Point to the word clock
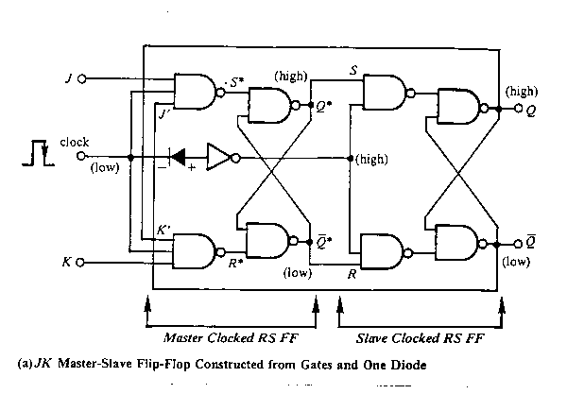pyautogui.click(x=74, y=143)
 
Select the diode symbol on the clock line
pyautogui.click(x=179, y=157)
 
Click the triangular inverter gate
pyautogui.click(x=216, y=157)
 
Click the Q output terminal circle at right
pyautogui.click(x=518, y=110)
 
